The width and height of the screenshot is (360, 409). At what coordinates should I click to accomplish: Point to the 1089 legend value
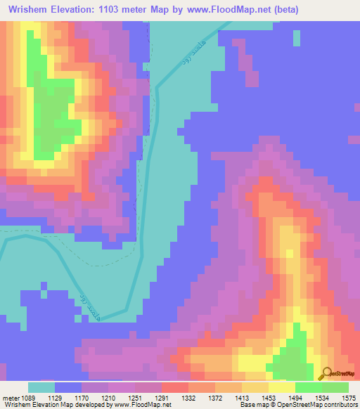[32, 397]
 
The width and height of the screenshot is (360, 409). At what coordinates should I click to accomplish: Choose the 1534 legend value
[321, 397]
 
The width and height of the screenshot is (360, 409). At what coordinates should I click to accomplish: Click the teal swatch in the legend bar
[41, 387]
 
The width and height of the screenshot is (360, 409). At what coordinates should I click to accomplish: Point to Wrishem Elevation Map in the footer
[35, 405]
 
